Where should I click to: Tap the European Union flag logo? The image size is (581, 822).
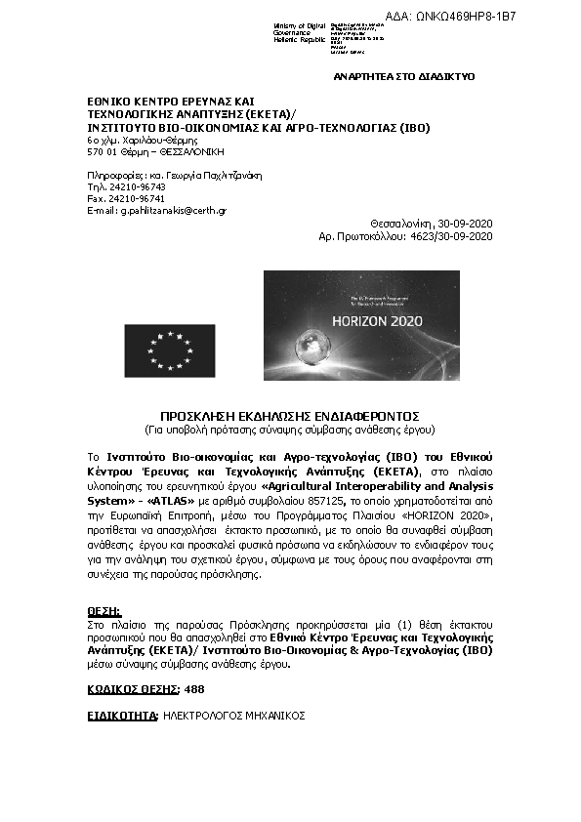[x=169, y=350]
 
